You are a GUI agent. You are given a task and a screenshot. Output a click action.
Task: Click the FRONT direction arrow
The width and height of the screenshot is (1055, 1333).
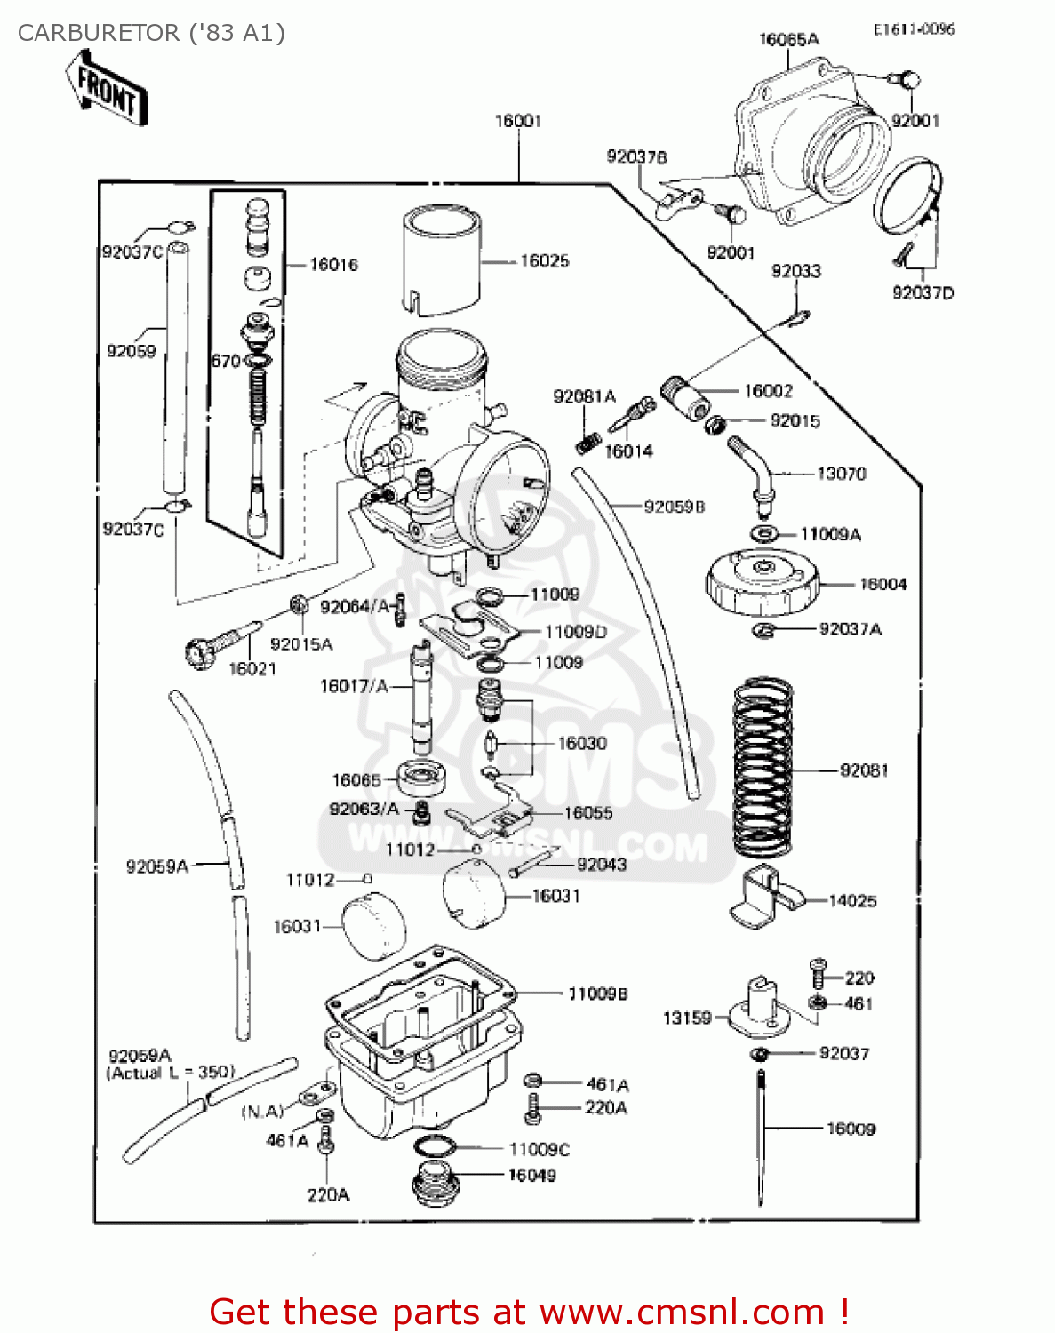105,87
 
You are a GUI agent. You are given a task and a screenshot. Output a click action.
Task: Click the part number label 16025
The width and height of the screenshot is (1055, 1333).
544,261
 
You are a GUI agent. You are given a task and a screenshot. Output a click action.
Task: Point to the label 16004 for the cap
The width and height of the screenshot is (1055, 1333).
883,584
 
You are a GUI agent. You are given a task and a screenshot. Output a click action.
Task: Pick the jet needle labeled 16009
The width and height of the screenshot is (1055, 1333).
761,1137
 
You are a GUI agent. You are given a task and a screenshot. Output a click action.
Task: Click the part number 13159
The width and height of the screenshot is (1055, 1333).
687,1018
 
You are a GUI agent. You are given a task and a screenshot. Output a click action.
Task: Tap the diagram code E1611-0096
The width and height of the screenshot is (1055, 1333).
913,29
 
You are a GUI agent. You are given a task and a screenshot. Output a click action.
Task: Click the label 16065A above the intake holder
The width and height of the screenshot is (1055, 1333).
788,39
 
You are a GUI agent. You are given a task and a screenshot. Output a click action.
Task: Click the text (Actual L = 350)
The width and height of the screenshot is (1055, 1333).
171,1073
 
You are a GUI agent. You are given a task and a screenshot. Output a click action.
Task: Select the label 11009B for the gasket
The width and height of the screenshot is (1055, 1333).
597,994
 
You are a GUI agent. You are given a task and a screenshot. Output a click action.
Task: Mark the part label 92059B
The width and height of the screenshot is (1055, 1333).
674,507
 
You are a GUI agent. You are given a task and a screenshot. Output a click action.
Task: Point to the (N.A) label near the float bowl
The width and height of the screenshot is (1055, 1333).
262,1111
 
